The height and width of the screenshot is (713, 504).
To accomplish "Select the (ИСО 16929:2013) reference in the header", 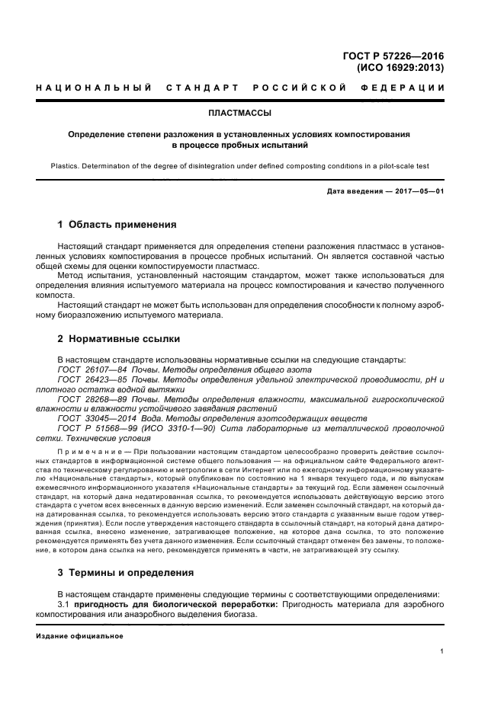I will pyautogui.click(x=400, y=67).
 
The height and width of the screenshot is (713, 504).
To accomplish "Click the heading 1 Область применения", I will pyautogui.click(x=117, y=225).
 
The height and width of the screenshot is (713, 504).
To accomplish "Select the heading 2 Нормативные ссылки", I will pyautogui.click(x=119, y=338).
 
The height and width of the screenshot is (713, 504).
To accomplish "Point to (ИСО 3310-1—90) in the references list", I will pyautogui.click(x=172, y=429).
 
